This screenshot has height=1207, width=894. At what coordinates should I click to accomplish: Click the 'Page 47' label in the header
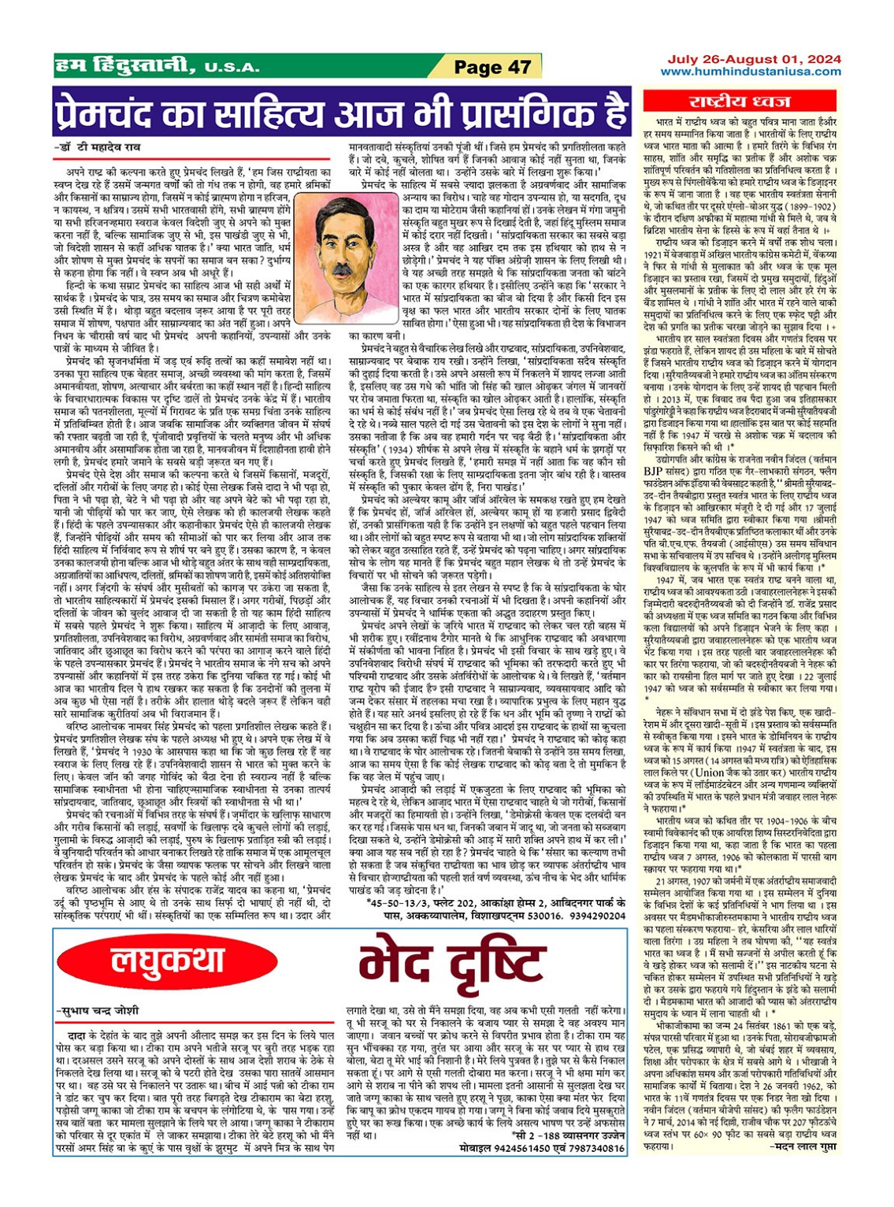pos(493,67)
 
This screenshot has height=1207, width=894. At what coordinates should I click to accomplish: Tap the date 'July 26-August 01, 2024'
pos(754,59)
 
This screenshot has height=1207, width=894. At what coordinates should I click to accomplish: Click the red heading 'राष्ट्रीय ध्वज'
pos(740,101)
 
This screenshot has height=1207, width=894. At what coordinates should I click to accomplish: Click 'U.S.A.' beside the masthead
pos(232,68)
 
